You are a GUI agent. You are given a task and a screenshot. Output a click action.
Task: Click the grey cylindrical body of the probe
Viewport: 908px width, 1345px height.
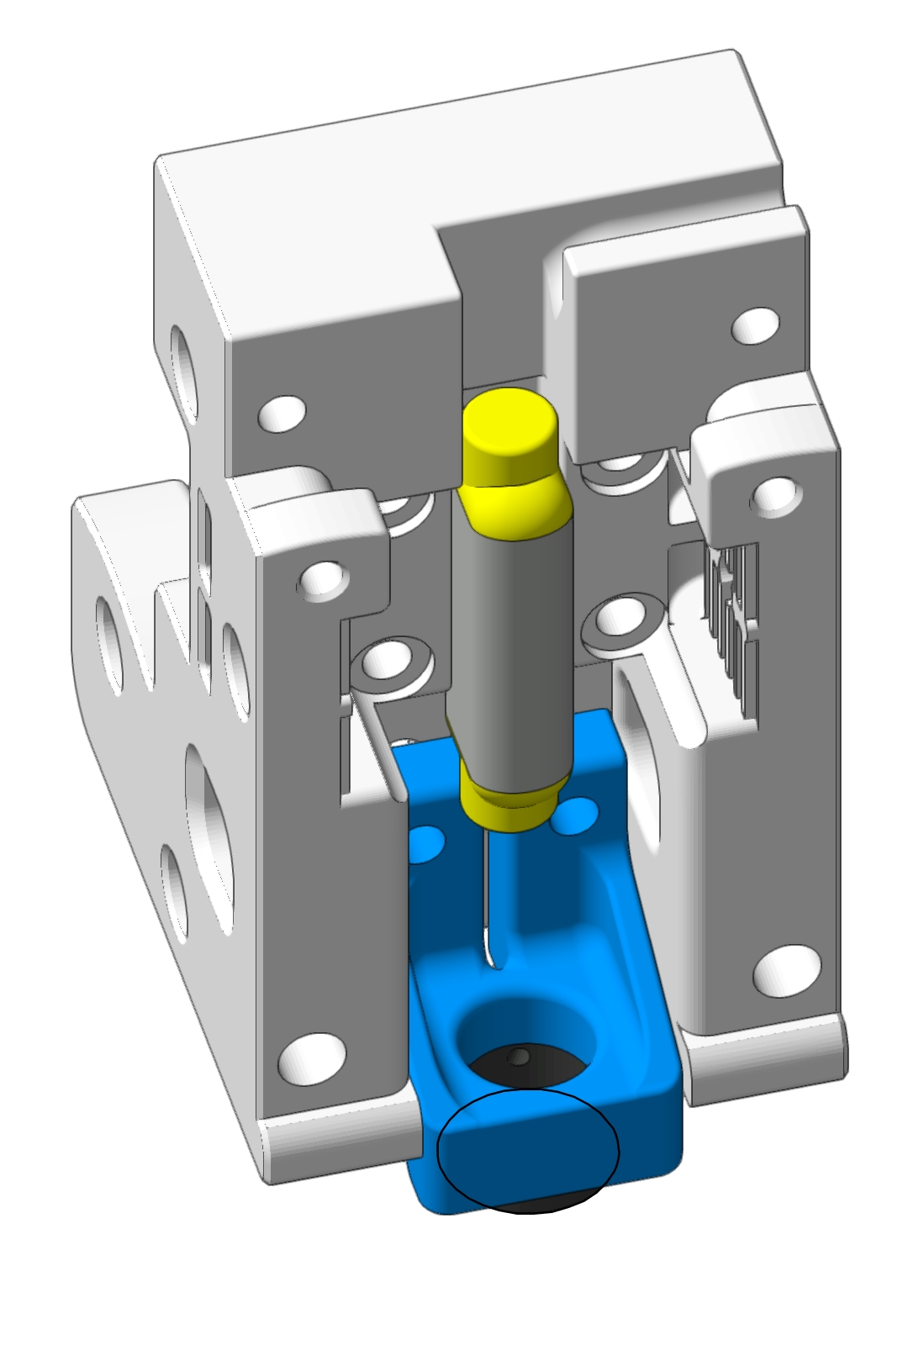tap(511, 639)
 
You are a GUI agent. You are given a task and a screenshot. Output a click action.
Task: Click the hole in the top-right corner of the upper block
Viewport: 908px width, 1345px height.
tap(756, 324)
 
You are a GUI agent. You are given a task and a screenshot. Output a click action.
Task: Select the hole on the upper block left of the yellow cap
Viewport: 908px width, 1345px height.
tap(282, 411)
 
